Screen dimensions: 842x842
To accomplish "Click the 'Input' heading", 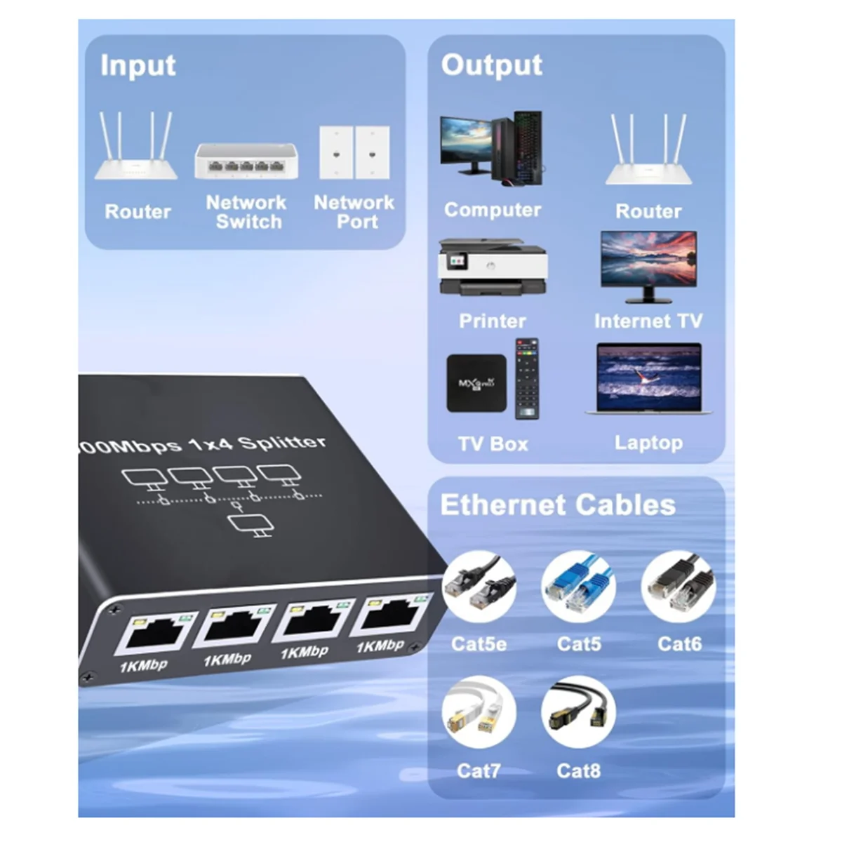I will click(x=138, y=65).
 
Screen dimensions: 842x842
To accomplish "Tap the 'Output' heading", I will click(x=491, y=65).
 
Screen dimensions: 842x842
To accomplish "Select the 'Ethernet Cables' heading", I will click(x=558, y=505).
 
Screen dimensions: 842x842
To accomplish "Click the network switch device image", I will click(x=246, y=161).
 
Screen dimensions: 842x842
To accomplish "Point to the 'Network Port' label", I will click(x=354, y=212).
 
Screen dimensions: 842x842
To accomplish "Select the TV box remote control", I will click(x=527, y=379).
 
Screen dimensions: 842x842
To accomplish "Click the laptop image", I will click(x=648, y=379).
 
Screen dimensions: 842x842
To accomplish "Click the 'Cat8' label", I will click(x=578, y=770).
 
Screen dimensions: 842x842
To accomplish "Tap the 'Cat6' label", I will click(x=679, y=643).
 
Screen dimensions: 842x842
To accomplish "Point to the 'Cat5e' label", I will click(x=479, y=643).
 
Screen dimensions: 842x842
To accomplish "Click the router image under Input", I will click(x=137, y=149).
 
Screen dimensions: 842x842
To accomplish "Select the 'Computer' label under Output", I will click(x=493, y=210).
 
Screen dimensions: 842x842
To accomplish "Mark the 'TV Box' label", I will click(x=493, y=443).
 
